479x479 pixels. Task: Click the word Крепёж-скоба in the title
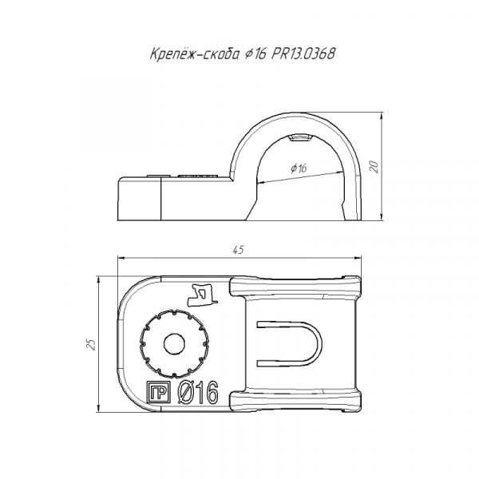[195, 53]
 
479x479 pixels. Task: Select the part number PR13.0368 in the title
[303, 53]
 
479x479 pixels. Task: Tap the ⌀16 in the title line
[255, 54]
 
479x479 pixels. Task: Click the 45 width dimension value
[239, 250]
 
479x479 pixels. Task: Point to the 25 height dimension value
[91, 344]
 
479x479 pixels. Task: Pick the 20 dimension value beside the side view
[374, 167]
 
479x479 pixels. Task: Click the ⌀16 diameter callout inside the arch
[299, 168]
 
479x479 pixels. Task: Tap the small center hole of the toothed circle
[174, 344]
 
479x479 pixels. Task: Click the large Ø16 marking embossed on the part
[198, 393]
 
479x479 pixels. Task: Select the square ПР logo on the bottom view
[158, 392]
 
